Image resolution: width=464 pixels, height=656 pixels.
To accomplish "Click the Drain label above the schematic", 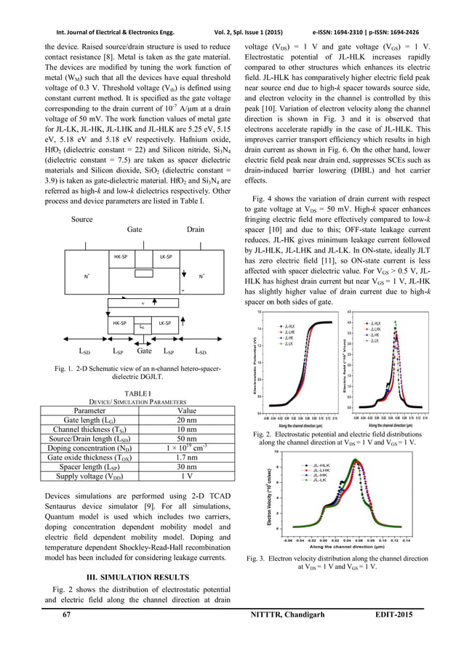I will click(x=195, y=229).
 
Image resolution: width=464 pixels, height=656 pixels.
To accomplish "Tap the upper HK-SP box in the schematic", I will click(x=102, y=257).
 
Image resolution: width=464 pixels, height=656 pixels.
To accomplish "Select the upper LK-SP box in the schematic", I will click(x=165, y=257).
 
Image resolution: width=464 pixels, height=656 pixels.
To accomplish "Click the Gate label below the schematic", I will click(x=136, y=351).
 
